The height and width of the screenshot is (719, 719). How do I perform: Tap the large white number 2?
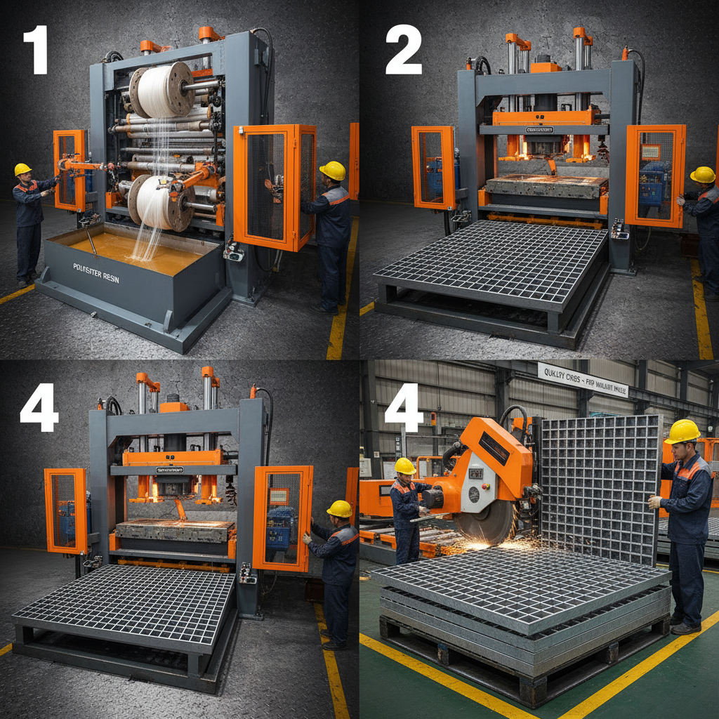coord(403,50)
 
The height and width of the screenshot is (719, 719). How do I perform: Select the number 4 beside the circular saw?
coord(403,408)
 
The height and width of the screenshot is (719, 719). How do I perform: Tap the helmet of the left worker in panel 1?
coord(22,169)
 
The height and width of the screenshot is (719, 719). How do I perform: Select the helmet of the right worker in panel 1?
coord(333,170)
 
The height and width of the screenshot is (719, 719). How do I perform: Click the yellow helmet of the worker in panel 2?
coord(703,174)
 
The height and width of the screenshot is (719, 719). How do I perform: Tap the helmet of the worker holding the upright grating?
coord(682,430)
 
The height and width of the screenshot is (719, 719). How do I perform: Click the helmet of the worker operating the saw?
coord(404,466)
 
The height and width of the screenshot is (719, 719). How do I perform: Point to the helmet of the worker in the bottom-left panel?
coord(340,508)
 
